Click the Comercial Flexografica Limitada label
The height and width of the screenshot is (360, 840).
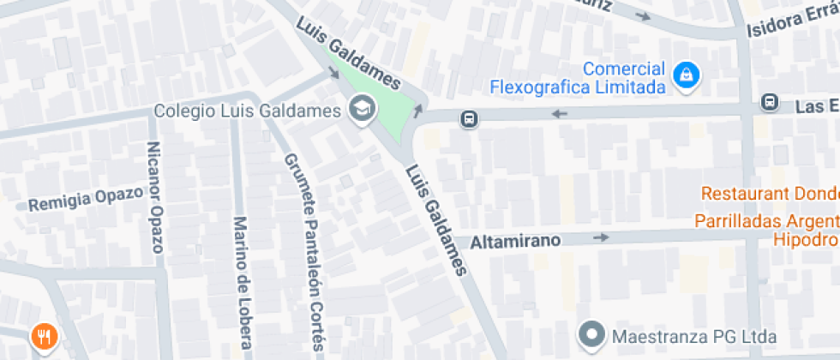click(x=578, y=78)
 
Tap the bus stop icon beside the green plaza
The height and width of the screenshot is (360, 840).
click(x=469, y=119)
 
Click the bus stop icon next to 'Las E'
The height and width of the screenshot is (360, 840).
click(x=769, y=104)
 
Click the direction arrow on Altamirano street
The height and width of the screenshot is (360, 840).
click(x=602, y=237)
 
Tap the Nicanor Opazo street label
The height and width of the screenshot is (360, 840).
click(x=155, y=197)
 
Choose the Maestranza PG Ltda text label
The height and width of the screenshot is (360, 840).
click(x=694, y=335)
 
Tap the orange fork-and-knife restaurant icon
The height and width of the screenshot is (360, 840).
click(x=42, y=337)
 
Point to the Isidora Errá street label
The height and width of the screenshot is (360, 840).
click(x=791, y=23)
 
